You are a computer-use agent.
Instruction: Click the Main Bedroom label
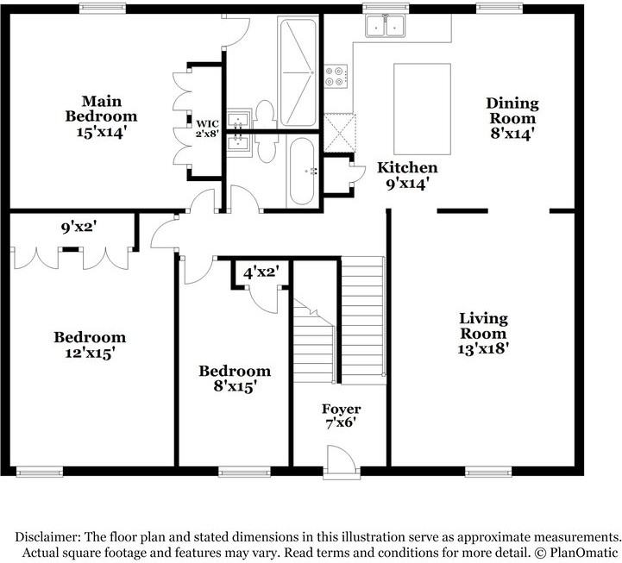click(x=103, y=108)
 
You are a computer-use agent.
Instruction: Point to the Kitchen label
click(x=407, y=168)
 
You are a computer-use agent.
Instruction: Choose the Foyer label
click(x=341, y=409)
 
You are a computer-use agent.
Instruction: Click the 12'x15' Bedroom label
click(x=89, y=353)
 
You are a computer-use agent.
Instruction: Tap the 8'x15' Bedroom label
click(x=235, y=386)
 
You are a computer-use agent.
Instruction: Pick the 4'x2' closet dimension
click(x=261, y=272)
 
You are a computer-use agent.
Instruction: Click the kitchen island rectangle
click(x=421, y=108)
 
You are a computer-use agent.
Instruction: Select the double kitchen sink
click(x=386, y=28)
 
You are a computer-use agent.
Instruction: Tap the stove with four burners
click(x=336, y=77)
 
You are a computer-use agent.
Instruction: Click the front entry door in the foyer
click(x=342, y=460)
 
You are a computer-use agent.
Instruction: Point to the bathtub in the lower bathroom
click(x=302, y=172)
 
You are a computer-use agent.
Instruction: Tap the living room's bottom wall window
click(x=483, y=472)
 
